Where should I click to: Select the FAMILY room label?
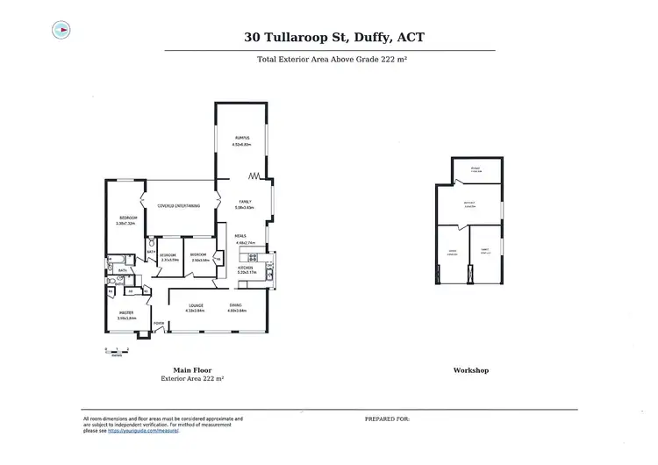pyautogui.click(x=245, y=203)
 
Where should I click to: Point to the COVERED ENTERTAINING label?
pyautogui.click(x=179, y=206)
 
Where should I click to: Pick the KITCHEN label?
pyautogui.click(x=245, y=269)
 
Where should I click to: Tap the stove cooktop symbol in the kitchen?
pyautogui.click(x=254, y=258)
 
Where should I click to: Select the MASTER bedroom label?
pyautogui.click(x=126, y=314)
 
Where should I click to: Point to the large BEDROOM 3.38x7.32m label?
pyautogui.click(x=126, y=221)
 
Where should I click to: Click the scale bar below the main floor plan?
pyautogui.click(x=115, y=351)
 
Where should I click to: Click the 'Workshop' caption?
pyautogui.click(x=470, y=370)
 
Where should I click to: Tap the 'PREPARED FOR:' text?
pyautogui.click(x=387, y=419)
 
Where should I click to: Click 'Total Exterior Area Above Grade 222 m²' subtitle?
pyautogui.click(x=332, y=60)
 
